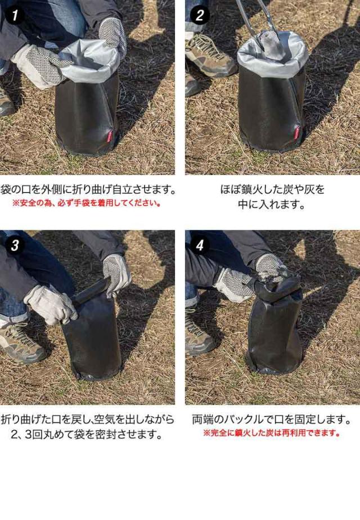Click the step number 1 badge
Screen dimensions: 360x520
pos(15,15)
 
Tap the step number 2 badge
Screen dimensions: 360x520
pos(200,15)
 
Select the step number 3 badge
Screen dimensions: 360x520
pos(15,245)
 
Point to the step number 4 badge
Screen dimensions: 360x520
pos(200,245)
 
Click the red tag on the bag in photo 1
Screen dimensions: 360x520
pos(110,136)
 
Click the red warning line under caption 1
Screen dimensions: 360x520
pos(87,203)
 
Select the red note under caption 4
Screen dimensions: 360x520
pos(271,433)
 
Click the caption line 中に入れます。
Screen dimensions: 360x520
pos(272,204)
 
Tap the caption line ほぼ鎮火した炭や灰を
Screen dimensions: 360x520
pos(272,190)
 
